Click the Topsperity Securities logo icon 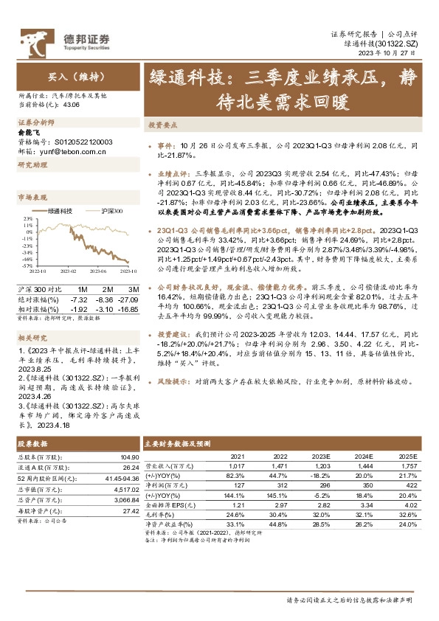(x=35, y=38)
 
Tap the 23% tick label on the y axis (x=27, y=219)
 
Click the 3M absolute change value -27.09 (x=127, y=299)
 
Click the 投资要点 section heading (x=163, y=125)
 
